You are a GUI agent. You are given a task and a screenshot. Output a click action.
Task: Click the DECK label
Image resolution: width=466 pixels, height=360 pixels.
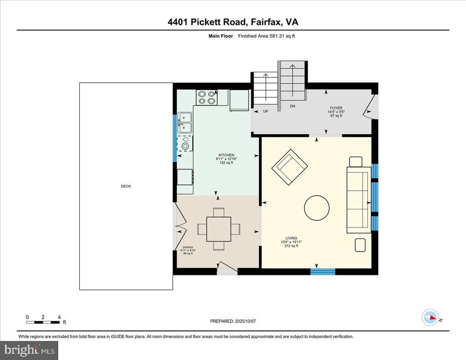tap(126, 186)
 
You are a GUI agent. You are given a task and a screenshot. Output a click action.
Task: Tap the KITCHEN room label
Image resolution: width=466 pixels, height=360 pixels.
tap(226, 155)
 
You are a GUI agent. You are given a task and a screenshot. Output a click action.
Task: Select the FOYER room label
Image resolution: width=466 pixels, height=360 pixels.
tap(336, 108)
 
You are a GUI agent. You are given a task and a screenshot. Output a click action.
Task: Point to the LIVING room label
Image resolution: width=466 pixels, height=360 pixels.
tap(291, 238)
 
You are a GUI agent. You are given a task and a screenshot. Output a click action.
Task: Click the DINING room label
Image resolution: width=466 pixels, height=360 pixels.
tap(188, 247)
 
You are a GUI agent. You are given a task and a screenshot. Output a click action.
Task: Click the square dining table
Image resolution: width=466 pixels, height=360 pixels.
tap(219, 229)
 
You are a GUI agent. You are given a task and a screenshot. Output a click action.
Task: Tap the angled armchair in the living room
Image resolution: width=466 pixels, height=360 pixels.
tap(290, 167)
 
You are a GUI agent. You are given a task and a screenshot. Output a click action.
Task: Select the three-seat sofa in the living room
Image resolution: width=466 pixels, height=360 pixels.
tap(359, 200)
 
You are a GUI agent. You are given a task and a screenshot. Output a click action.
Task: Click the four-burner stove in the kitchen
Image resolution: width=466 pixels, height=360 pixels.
tap(207, 97)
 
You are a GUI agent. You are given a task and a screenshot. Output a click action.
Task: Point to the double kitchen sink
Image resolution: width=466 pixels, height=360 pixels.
tap(185, 123)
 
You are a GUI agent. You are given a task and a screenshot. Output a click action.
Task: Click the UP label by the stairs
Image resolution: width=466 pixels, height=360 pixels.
tap(265, 111)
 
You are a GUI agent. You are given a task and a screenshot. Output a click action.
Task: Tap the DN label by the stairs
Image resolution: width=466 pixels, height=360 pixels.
tap(293, 106)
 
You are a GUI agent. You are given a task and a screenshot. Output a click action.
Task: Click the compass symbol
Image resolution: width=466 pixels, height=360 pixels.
tap(431, 318)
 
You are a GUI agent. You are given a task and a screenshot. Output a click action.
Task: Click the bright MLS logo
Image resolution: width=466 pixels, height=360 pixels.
tap(29, 350)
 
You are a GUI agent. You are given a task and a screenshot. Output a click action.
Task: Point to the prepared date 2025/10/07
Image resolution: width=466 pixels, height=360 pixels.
tap(245, 321)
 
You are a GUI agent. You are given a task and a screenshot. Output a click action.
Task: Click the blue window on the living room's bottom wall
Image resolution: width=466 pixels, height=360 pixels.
tap(323, 271)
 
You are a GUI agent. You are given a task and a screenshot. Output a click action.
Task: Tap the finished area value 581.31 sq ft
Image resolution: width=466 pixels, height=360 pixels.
tap(282, 36)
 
